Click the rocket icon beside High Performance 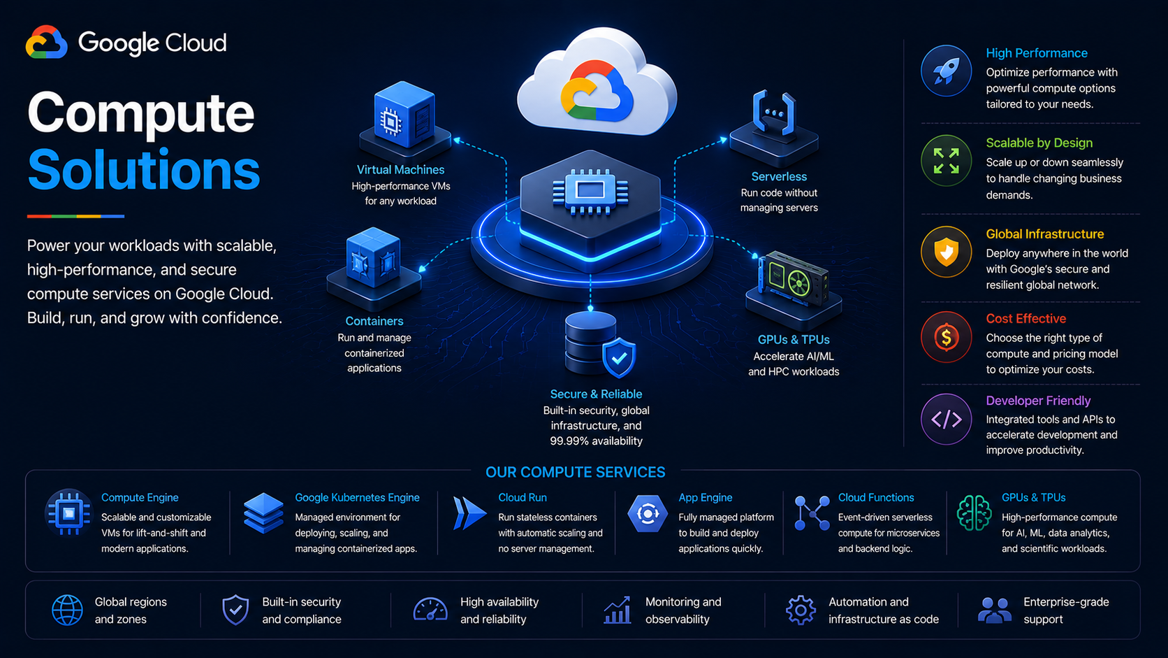(946, 71)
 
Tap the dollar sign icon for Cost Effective (946, 337)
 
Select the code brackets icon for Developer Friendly (946, 419)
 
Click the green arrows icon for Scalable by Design (946, 161)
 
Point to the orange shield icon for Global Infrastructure (946, 252)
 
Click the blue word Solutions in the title (143, 170)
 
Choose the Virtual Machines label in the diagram (400, 170)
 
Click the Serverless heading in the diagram (779, 176)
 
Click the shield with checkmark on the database (619, 357)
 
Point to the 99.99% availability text (596, 441)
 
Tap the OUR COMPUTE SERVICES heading (575, 472)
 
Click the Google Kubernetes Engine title (357, 498)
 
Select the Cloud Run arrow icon (469, 513)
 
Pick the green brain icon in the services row (974, 513)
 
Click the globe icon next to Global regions (67, 610)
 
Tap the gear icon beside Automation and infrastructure (801, 610)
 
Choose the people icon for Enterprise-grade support (995, 610)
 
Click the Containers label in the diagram (374, 321)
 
